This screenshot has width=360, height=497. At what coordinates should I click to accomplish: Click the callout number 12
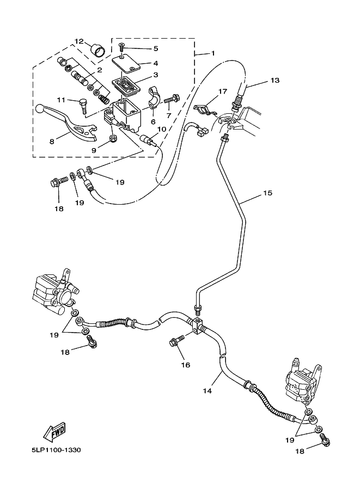coord(80,41)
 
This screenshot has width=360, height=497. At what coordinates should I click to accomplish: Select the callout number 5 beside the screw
coord(141,48)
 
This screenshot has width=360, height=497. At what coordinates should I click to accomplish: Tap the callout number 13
coord(274,81)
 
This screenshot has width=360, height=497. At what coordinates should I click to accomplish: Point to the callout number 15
coord(267,193)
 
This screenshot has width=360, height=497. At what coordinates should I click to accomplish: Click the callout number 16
coord(186,365)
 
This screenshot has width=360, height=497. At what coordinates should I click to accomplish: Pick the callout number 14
coord(207,390)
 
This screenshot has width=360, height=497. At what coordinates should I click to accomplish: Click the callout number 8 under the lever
coord(52,141)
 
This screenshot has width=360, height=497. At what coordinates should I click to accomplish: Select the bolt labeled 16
coord(175,343)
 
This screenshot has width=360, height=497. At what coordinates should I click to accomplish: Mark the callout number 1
coord(213,53)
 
